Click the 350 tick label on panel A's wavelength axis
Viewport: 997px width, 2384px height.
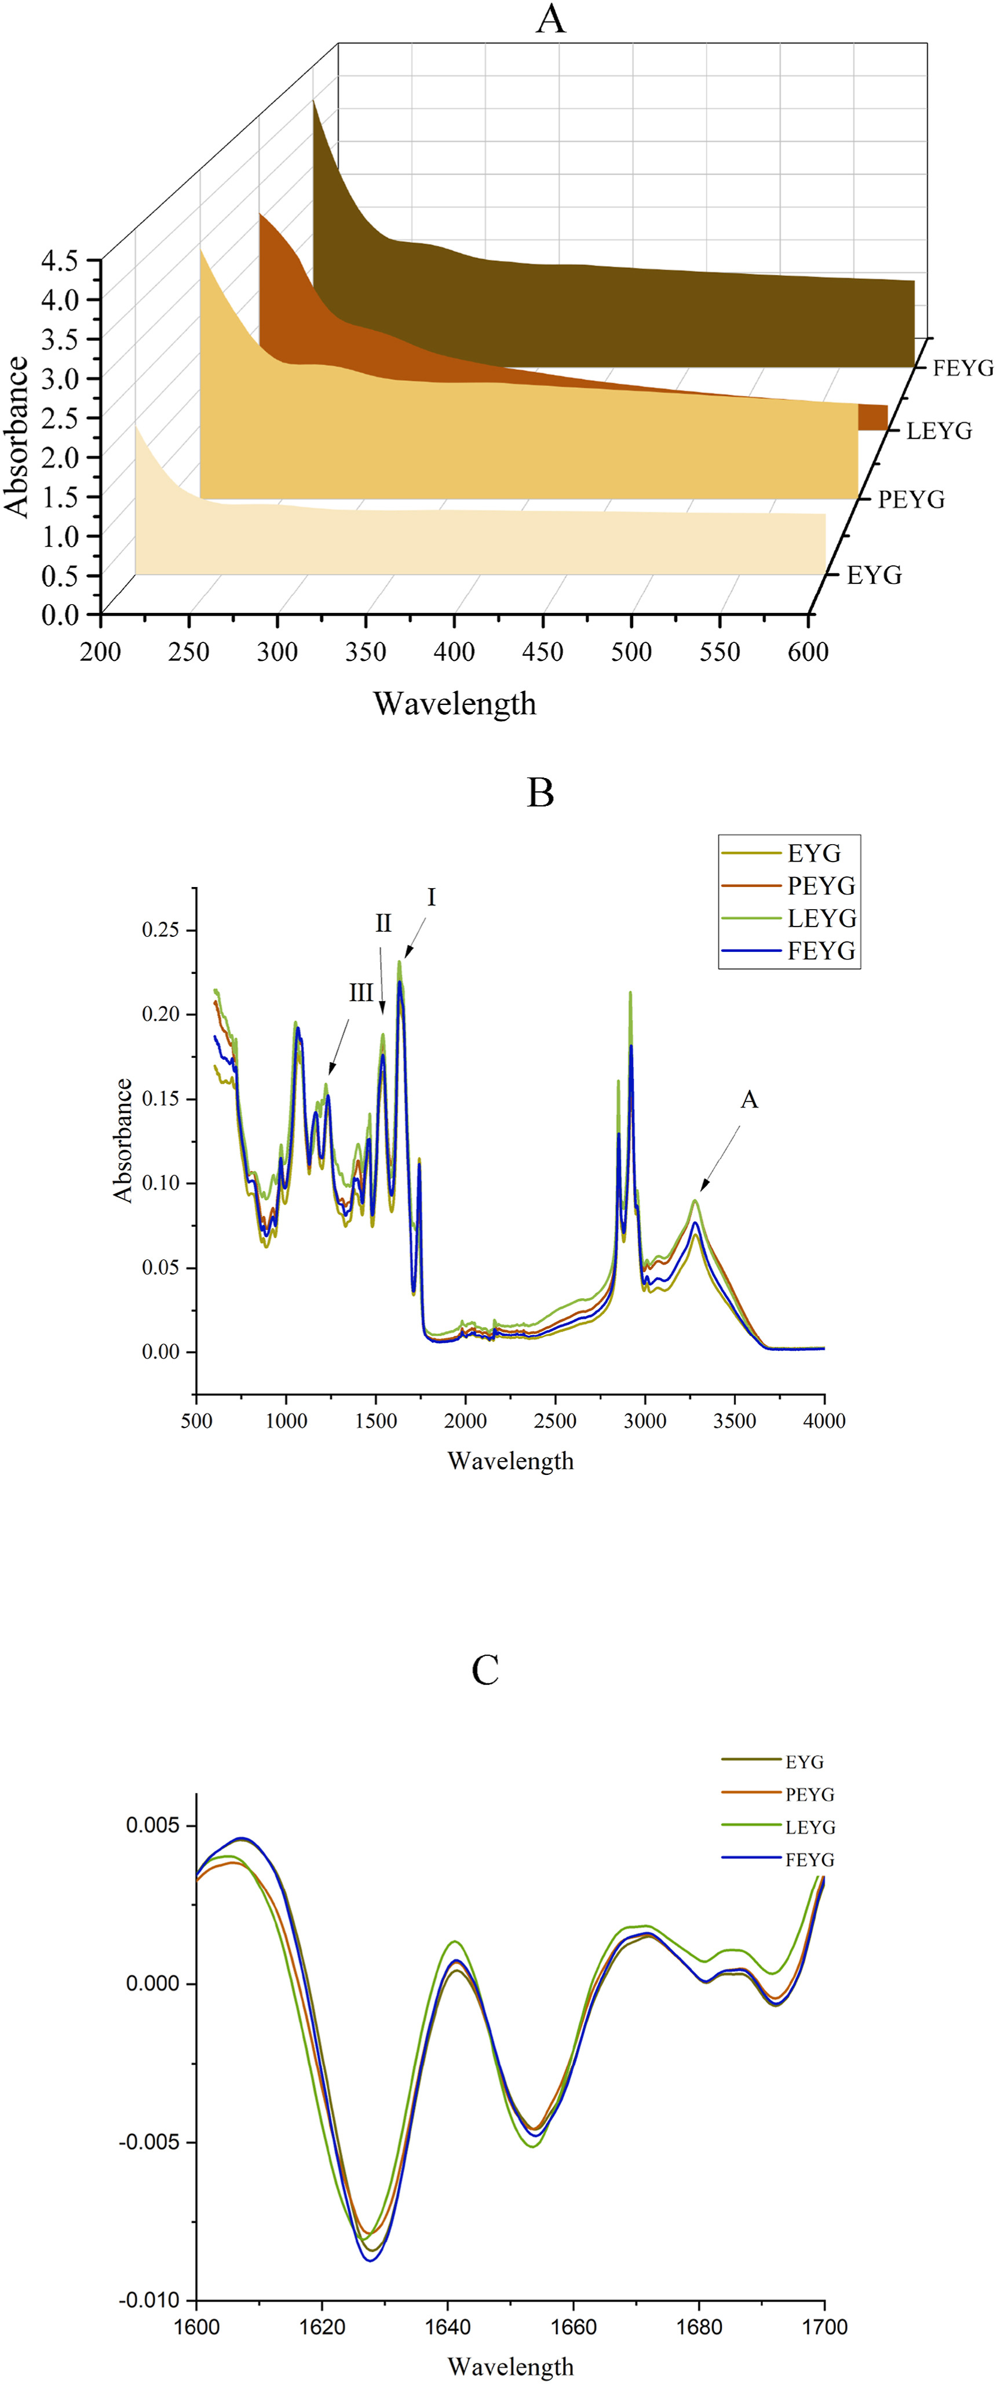(x=366, y=652)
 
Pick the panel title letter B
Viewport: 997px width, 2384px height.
(x=540, y=793)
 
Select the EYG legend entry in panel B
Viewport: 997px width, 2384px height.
(x=814, y=853)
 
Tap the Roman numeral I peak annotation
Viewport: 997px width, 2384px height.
(x=431, y=897)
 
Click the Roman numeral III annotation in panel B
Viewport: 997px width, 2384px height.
(x=361, y=993)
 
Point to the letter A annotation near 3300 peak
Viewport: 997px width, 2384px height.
(x=749, y=1099)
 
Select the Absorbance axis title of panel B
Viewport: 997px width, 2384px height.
(x=123, y=1140)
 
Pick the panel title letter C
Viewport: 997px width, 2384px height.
(x=485, y=1670)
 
